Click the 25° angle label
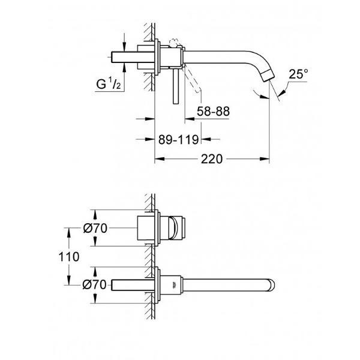point(298,74)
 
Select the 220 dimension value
point(212,159)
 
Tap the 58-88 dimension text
point(213,112)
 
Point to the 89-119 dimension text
point(178,140)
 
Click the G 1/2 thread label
point(109,83)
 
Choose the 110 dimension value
point(69,256)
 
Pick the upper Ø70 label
point(95,229)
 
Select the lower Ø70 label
point(95,284)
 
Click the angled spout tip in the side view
point(269,76)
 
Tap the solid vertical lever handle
point(176,86)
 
